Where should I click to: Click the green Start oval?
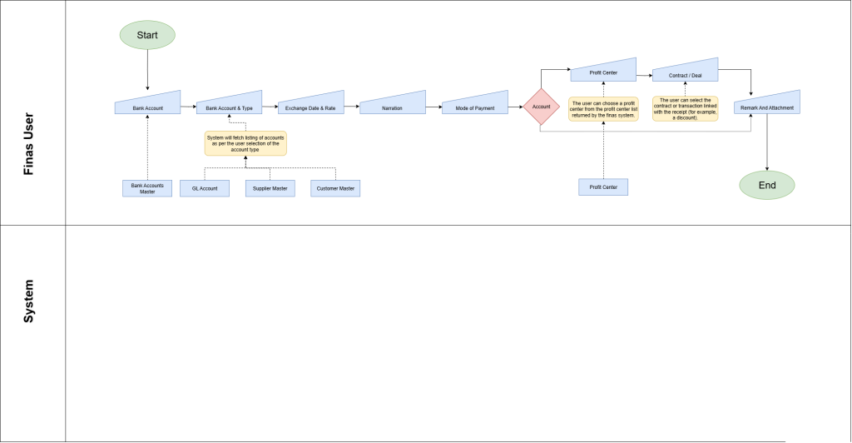point(147,35)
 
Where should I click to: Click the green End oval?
point(766,186)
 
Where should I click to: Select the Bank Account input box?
point(147,104)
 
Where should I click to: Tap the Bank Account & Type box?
point(230,104)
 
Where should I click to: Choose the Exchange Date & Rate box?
point(311,104)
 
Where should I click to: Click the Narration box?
point(393,104)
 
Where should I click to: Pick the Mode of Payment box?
point(475,104)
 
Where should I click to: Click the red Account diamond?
point(541,107)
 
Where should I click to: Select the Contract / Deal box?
point(686,72)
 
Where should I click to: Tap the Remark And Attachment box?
point(766,104)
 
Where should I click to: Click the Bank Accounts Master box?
point(147,189)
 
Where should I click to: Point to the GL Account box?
point(205,189)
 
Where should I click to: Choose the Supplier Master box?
point(270,189)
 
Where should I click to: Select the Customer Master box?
point(335,189)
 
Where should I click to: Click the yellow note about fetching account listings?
point(245,143)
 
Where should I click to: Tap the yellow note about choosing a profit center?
point(603,109)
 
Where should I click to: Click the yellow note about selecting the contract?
point(686,109)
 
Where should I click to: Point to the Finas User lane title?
point(28,144)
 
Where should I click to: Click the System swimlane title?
point(28,301)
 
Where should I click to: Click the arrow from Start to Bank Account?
point(147,70)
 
